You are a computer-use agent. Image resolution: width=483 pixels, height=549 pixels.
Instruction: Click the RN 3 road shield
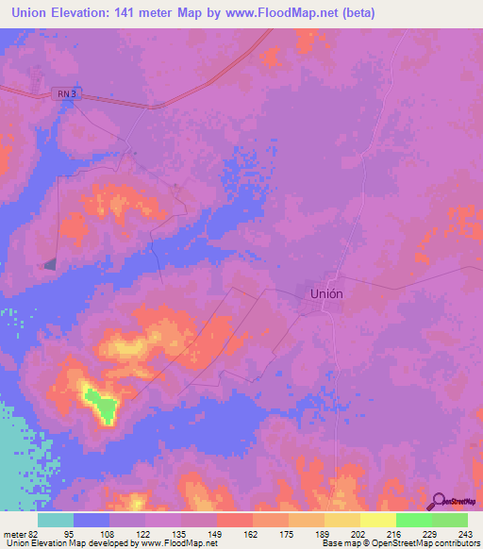click(63, 94)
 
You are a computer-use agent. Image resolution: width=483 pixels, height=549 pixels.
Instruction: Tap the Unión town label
click(326, 293)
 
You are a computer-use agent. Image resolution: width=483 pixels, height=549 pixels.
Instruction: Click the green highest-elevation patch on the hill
click(101, 405)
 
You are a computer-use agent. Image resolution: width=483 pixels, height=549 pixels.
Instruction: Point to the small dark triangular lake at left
click(50, 264)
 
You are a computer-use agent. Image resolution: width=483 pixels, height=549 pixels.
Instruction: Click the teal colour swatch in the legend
click(56, 520)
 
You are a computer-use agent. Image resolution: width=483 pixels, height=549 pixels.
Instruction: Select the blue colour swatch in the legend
click(92, 520)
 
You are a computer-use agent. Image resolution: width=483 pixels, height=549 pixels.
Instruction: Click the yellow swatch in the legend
click(378, 520)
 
